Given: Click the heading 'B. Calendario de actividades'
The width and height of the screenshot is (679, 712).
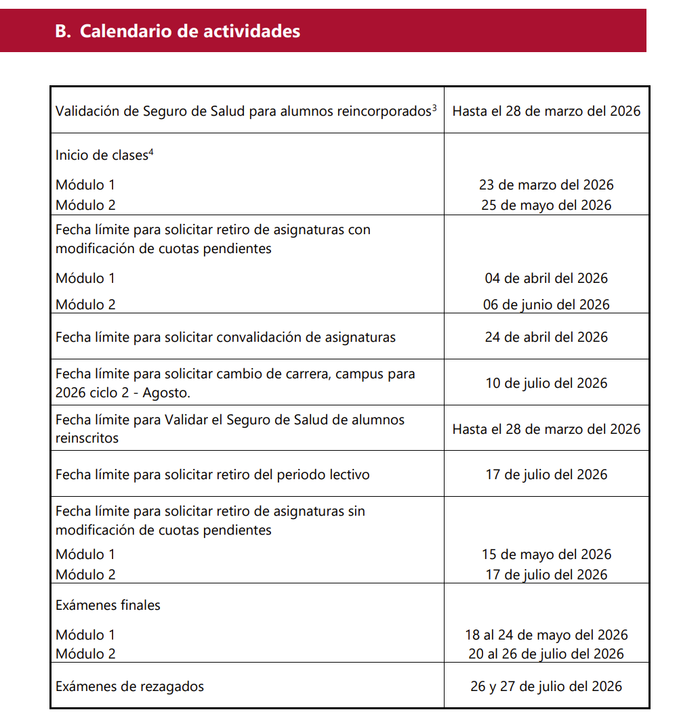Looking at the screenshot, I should point(178,31).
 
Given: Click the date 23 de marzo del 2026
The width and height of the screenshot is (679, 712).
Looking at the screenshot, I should point(546,185).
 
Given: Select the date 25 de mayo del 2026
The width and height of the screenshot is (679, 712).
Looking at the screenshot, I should point(546,205).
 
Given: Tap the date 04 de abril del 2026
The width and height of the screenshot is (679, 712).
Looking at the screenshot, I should point(546,278).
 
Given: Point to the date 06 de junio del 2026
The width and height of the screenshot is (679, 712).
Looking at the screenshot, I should point(546,305).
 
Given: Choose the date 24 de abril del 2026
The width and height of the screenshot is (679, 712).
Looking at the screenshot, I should point(546,337).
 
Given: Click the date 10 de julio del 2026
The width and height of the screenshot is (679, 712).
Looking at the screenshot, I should point(546,383).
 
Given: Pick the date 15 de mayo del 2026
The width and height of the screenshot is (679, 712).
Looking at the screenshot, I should point(546,554).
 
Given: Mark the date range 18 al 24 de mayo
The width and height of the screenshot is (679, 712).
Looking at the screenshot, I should point(546,635).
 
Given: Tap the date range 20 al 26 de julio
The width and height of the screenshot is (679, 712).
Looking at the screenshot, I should point(546,654).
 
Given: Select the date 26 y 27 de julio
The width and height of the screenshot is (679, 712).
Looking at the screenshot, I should point(546,686).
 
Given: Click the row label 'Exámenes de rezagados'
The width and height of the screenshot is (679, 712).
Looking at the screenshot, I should point(129,686).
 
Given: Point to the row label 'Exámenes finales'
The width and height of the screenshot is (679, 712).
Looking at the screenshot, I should point(108,605).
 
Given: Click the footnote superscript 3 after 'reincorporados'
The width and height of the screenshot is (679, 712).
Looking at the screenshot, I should point(434,107).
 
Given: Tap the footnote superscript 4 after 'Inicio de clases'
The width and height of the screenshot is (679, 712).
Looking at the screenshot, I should point(151,152).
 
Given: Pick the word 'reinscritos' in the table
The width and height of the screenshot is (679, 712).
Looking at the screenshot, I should point(87,438).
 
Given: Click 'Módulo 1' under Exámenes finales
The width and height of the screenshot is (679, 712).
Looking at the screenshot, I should point(85,635).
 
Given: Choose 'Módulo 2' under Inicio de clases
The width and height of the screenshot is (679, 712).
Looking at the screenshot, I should point(85,205).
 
